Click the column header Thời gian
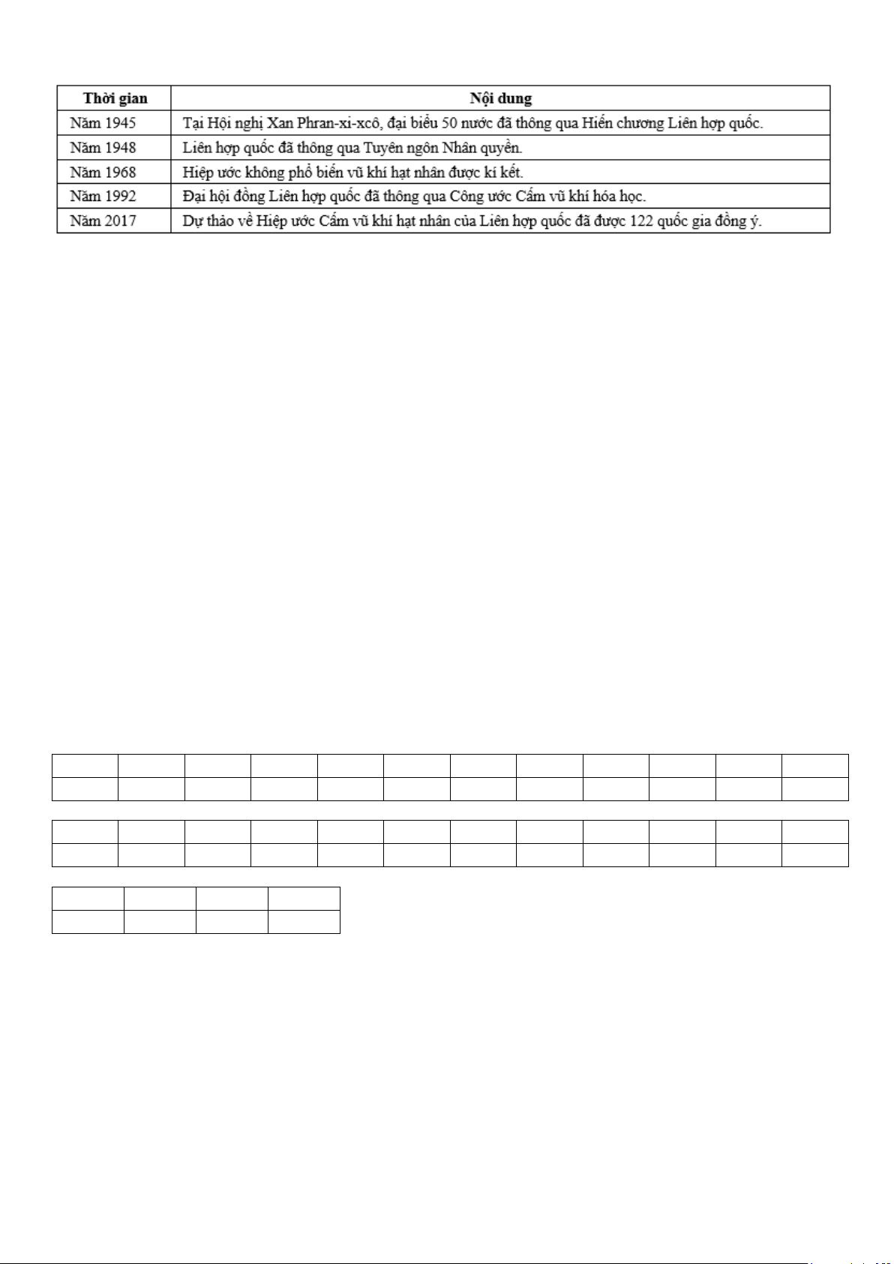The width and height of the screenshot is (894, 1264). (115, 98)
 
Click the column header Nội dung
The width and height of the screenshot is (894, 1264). (500, 98)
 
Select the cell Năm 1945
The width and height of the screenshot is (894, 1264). (103, 123)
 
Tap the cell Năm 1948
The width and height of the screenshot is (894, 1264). (103, 148)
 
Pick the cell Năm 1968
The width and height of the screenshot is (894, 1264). (103, 173)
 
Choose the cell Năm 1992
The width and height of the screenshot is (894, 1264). (103, 197)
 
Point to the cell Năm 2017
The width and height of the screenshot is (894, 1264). (103, 221)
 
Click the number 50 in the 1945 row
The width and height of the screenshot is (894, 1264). (450, 123)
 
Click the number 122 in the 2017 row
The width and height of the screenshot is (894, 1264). (641, 221)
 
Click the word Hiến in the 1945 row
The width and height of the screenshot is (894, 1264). (597, 123)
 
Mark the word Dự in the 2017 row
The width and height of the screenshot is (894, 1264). (193, 221)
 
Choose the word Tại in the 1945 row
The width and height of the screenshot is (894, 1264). (193, 123)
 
